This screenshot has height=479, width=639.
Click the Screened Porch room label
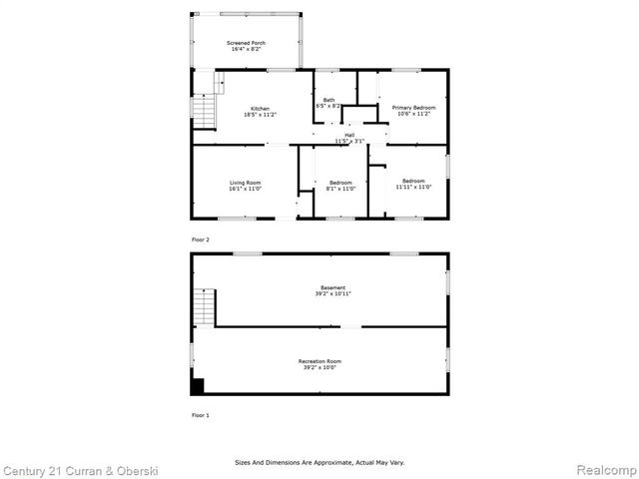pyautogui.click(x=246, y=43)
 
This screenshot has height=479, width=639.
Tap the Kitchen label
pyautogui.click(x=260, y=108)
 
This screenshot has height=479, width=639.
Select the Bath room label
pyautogui.click(x=328, y=100)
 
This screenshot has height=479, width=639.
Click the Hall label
pyautogui.click(x=349, y=135)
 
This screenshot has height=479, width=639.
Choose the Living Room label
pyautogui.click(x=245, y=183)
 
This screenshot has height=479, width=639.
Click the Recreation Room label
pyautogui.click(x=319, y=360)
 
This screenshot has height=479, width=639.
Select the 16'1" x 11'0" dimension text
pyautogui.click(x=245, y=189)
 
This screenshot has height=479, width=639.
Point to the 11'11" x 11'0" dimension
pyautogui.click(x=412, y=187)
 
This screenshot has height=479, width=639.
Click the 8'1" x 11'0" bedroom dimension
pyautogui.click(x=340, y=189)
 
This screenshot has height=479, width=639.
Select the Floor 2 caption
pyautogui.click(x=201, y=239)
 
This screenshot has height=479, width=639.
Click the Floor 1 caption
pyautogui.click(x=201, y=414)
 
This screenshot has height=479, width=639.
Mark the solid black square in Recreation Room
pyautogui.click(x=198, y=386)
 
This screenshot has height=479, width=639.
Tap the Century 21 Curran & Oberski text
pyautogui.click(x=80, y=469)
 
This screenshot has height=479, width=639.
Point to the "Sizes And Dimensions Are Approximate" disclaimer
pyautogui.click(x=319, y=462)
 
